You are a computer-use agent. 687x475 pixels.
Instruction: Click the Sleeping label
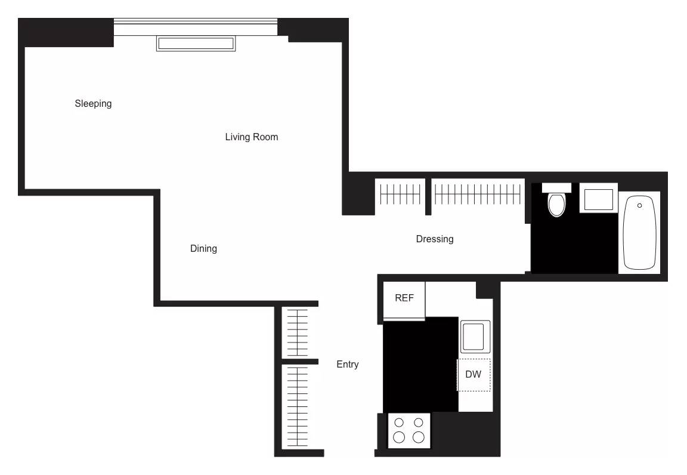[93, 104]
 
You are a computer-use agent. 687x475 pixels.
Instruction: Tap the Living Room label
[251, 137]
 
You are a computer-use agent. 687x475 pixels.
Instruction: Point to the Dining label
[203, 249]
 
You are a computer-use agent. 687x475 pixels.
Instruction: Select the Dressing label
[434, 239]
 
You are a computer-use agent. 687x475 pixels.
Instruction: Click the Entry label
[347, 365]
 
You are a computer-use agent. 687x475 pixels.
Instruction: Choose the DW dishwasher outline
[474, 375]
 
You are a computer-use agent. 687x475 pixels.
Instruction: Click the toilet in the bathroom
[556, 203]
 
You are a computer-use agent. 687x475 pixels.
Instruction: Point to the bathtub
[639, 233]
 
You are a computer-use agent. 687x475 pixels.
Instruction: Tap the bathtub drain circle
[639, 206]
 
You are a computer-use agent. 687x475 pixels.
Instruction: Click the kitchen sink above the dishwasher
[475, 337]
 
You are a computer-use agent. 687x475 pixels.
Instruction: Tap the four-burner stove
[409, 430]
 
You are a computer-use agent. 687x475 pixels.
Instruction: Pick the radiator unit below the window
[195, 44]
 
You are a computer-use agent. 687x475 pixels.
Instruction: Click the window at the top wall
[196, 27]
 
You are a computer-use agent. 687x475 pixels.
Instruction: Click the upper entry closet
[298, 332]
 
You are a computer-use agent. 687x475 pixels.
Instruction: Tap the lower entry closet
[298, 406]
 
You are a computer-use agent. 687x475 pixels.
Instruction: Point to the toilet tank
[556, 188]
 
